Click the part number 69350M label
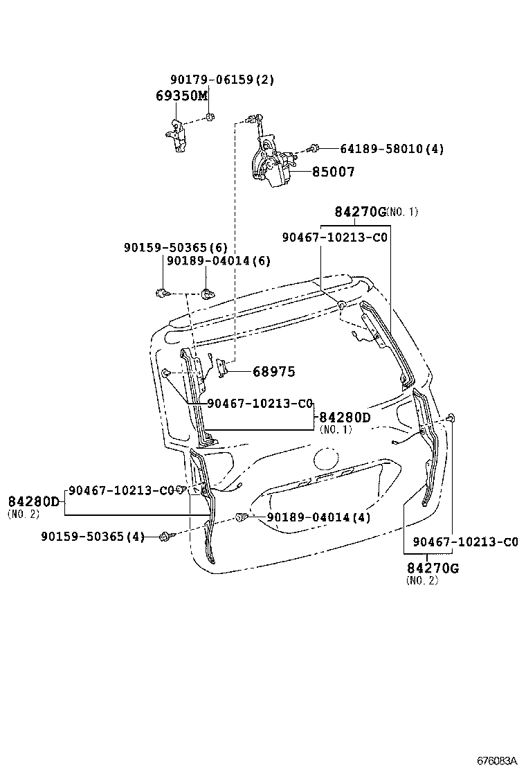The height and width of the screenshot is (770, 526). tap(181, 96)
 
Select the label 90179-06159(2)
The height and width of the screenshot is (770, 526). tap(221, 80)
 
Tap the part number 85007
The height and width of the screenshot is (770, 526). tap(333, 172)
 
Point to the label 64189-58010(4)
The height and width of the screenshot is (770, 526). tap(392, 149)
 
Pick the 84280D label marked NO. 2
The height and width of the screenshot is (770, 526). tap(34, 501)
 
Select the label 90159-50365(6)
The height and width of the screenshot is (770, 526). tap(175, 247)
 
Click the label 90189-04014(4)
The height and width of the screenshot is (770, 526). tap(319, 517)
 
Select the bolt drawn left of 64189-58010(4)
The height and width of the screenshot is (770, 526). tap(314, 147)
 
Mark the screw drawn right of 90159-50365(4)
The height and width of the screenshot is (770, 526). tap(165, 537)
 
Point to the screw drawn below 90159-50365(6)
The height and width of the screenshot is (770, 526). tap(163, 293)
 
